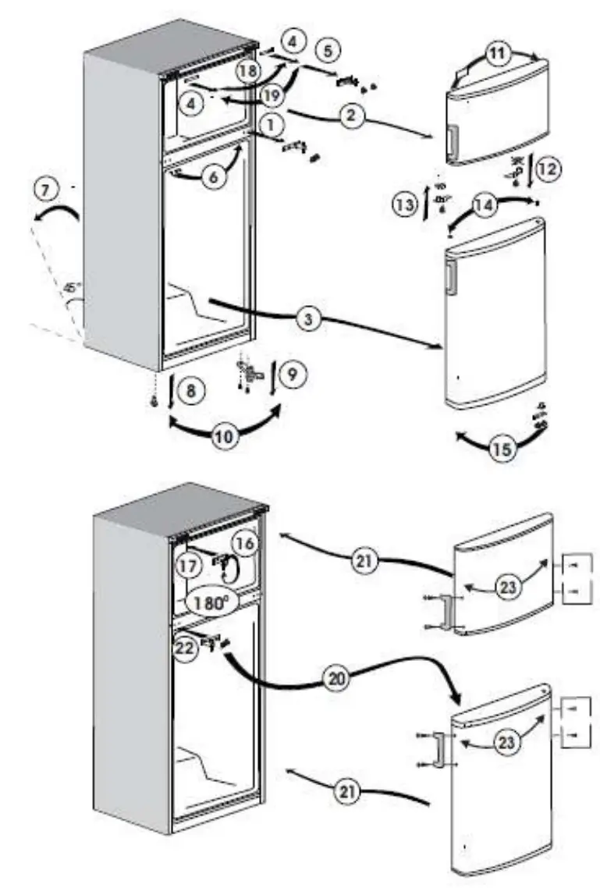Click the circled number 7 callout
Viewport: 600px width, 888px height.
point(45,190)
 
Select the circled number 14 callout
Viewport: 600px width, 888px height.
point(484,206)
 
